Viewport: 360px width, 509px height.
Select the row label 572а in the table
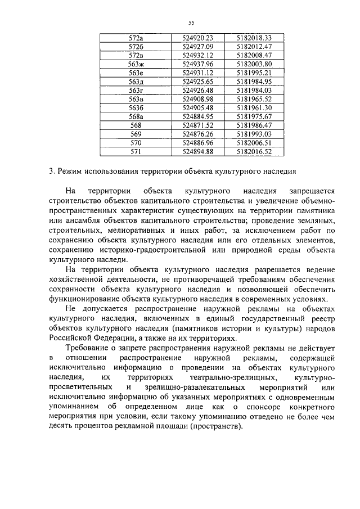(x=136, y=37)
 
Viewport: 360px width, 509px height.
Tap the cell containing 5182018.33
(x=254, y=37)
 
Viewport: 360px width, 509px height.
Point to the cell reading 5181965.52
(x=254, y=98)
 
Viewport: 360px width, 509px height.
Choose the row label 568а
(x=136, y=116)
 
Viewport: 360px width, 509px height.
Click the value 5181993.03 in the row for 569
(x=254, y=133)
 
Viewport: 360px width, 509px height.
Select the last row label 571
(x=136, y=151)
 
